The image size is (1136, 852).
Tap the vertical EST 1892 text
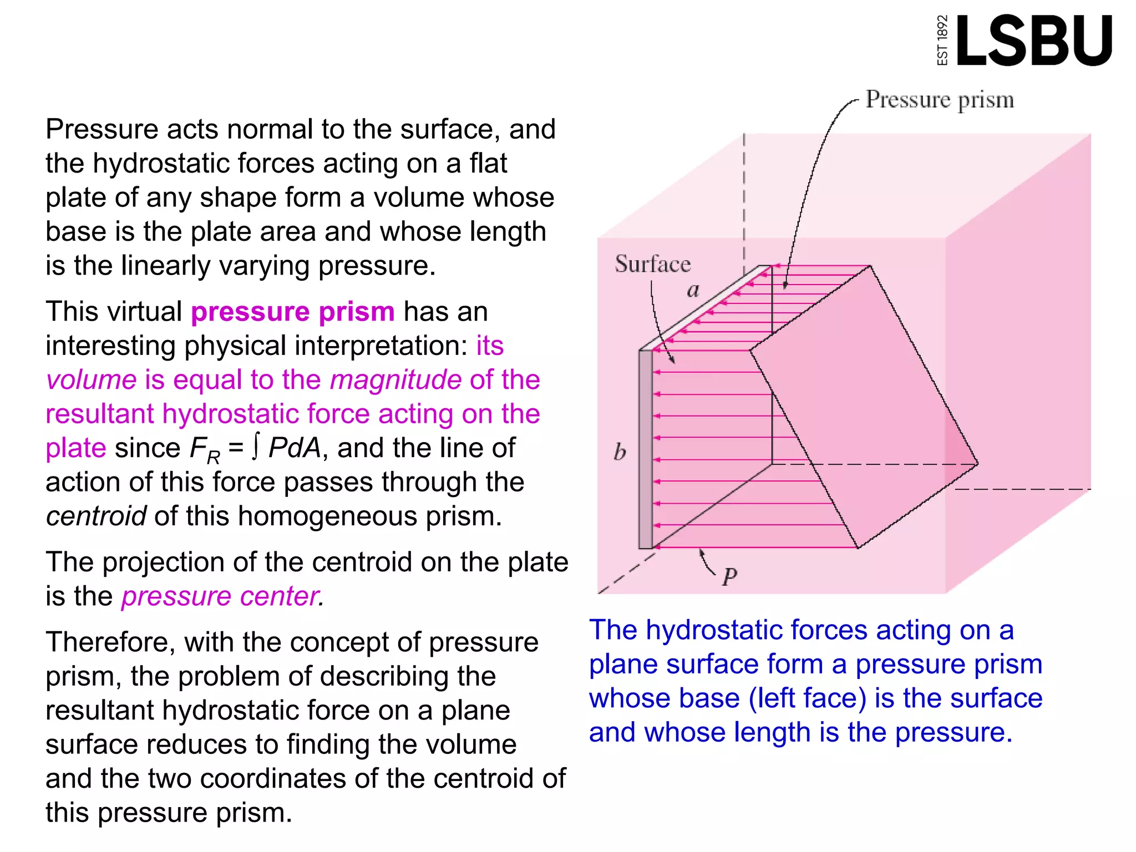click(942, 40)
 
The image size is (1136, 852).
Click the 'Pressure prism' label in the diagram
click(940, 100)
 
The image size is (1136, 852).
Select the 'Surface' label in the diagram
click(653, 264)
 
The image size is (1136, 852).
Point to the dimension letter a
click(693, 290)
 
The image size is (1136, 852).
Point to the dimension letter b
click(620, 452)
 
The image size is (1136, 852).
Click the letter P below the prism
click(729, 577)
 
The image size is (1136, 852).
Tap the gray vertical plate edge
click(646, 449)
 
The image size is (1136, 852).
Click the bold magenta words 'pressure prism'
click(293, 312)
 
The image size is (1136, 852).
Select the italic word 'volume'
click(92, 380)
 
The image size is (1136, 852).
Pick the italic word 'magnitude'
click(395, 380)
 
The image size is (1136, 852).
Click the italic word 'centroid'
click(96, 516)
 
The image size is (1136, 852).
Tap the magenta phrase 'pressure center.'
click(222, 597)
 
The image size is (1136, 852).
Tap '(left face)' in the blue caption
click(807, 698)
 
